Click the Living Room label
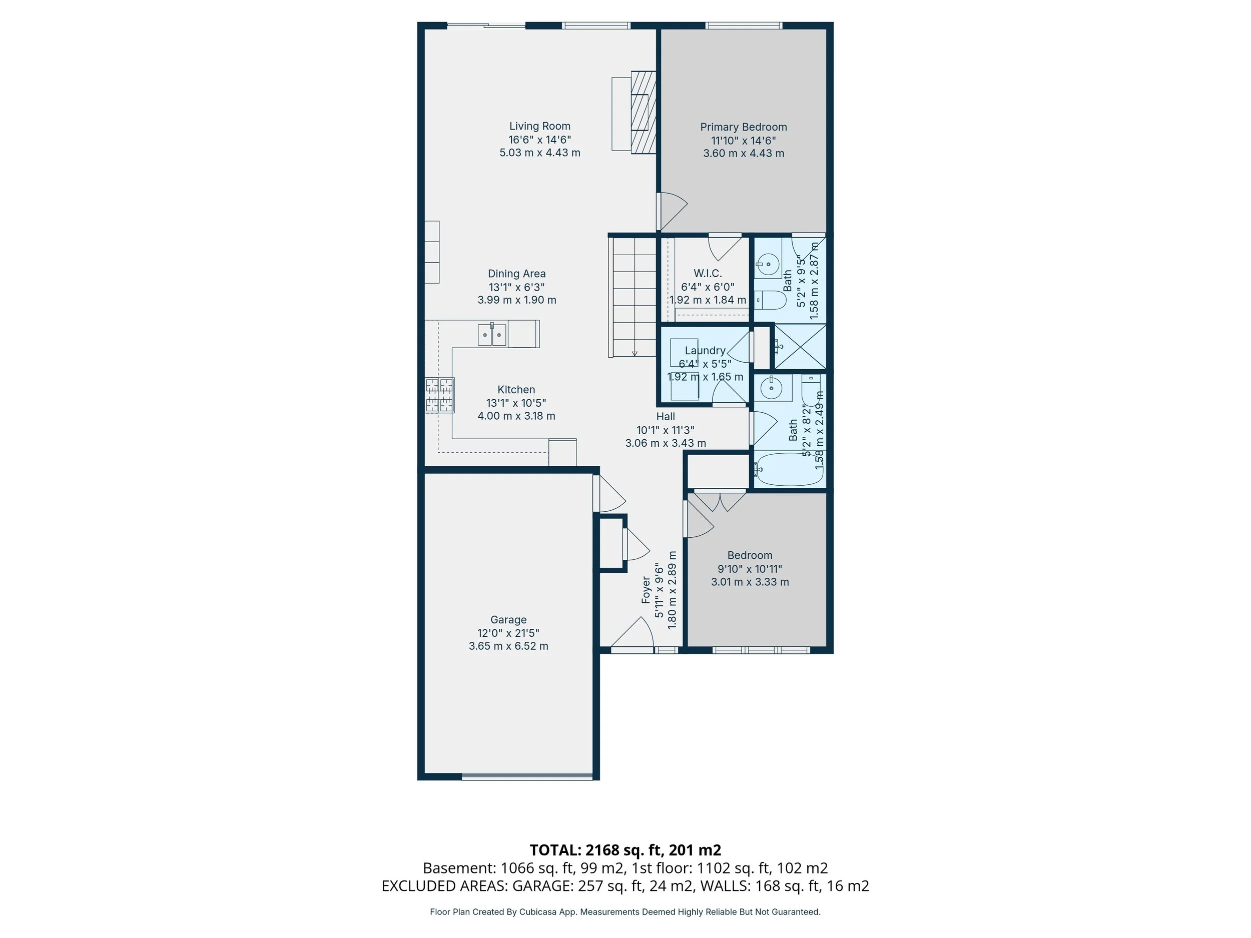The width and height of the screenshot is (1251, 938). tap(539, 126)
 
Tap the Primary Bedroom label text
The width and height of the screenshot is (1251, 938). tap(743, 127)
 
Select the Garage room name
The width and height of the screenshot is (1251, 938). tap(508, 620)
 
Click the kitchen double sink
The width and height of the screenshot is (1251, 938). tap(492, 334)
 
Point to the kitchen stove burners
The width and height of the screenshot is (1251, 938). tap(439, 395)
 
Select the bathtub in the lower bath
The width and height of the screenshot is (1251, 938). tap(790, 469)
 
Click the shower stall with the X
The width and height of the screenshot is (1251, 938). tap(800, 347)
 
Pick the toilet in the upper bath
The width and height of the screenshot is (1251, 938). tap(770, 300)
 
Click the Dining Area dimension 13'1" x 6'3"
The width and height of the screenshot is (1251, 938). tap(516, 287)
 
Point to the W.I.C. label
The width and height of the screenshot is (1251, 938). tap(708, 274)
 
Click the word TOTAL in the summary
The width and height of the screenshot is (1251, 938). tap(555, 850)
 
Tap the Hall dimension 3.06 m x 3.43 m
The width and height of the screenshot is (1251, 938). tap(666, 443)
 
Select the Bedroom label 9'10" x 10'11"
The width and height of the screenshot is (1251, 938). tap(750, 569)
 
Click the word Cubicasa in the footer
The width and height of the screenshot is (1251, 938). tap(538, 912)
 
